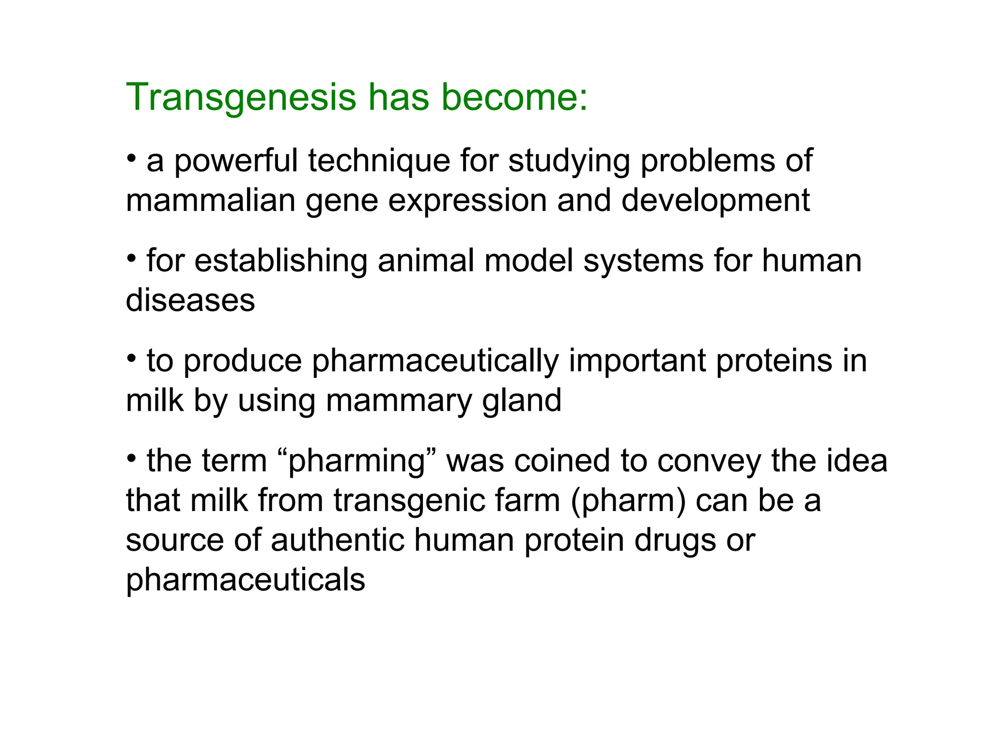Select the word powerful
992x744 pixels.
[x=236, y=162]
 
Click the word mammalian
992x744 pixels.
[x=211, y=201]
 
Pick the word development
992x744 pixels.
[x=715, y=201]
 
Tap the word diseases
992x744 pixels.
[x=190, y=300]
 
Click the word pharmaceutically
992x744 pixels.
[x=434, y=362]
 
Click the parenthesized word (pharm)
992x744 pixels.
[x=628, y=501]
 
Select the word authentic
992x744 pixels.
[x=337, y=540]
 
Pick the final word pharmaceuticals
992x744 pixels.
[x=246, y=580]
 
